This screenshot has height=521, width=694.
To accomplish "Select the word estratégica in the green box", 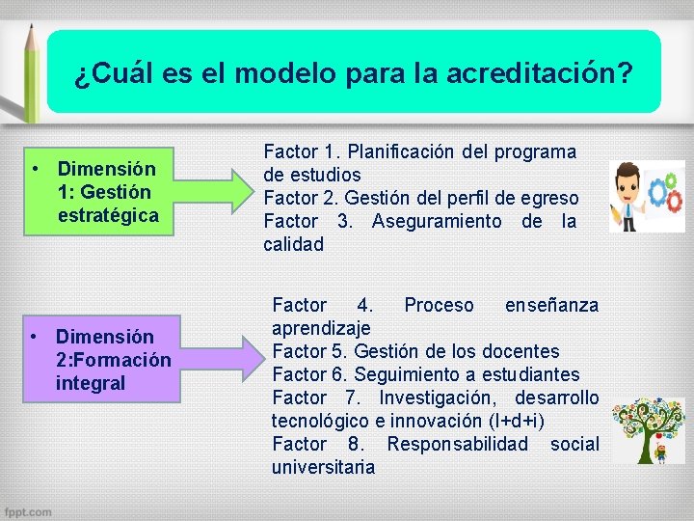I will (108, 214).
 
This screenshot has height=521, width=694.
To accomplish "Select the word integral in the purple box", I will (91, 383).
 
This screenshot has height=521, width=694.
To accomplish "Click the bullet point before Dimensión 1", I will (34, 168).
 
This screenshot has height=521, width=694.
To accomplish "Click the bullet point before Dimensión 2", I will (34, 336).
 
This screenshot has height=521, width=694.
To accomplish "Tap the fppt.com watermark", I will (28, 511).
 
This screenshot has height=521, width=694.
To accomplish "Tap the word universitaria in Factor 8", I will (323, 467).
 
